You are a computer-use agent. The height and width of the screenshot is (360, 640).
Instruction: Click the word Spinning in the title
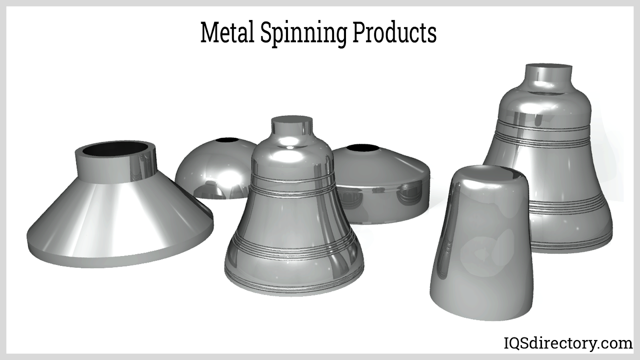coord(303,35)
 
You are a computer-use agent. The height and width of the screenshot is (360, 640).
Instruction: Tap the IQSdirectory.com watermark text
coord(568,344)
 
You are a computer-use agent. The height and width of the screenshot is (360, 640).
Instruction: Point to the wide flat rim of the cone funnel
coord(120,252)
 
